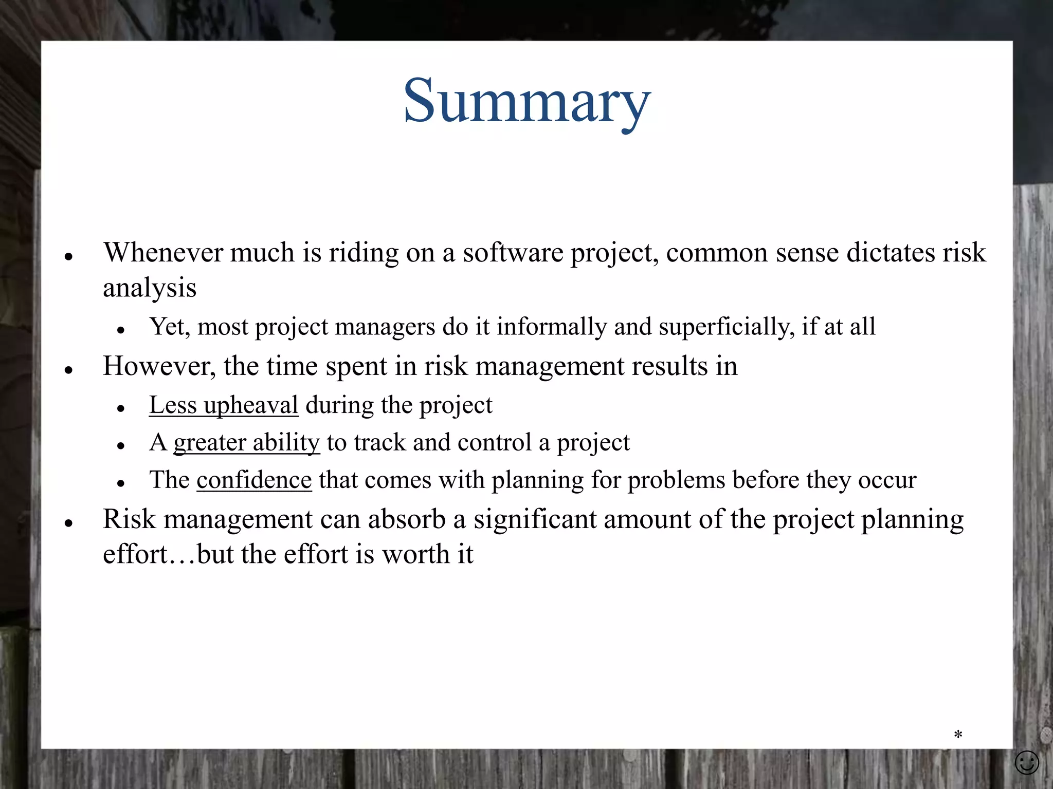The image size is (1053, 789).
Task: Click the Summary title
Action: tap(526, 101)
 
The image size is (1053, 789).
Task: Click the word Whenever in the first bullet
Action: tap(162, 253)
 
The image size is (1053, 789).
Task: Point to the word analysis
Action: tap(150, 288)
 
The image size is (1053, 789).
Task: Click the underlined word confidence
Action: tap(254, 480)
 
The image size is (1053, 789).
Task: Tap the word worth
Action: tap(416, 555)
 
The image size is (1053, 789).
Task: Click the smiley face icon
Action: tap(1027, 762)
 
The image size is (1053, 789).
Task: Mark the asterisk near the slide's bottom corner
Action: tap(958, 735)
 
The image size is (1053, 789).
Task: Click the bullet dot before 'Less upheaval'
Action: tap(121, 409)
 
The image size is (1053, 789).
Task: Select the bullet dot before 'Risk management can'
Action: tap(68, 523)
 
